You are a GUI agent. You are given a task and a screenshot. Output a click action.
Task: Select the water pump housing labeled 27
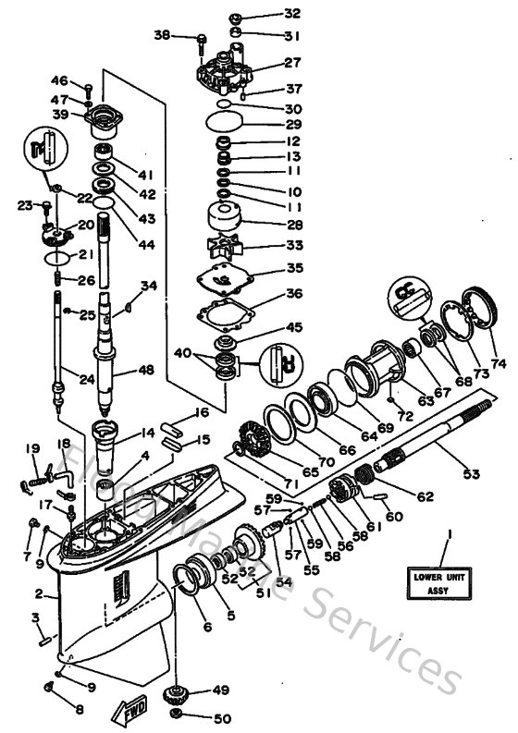coord(223,70)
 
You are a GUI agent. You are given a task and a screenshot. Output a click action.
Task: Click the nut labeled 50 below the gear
coord(174,717)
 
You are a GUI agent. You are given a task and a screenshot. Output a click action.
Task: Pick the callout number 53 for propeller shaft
coord(472,474)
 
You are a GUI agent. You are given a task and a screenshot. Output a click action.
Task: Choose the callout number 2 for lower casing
coord(39,593)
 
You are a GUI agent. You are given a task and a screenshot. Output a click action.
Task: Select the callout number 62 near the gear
coord(425,496)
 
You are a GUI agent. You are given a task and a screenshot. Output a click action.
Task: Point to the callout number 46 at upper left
coord(59,80)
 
